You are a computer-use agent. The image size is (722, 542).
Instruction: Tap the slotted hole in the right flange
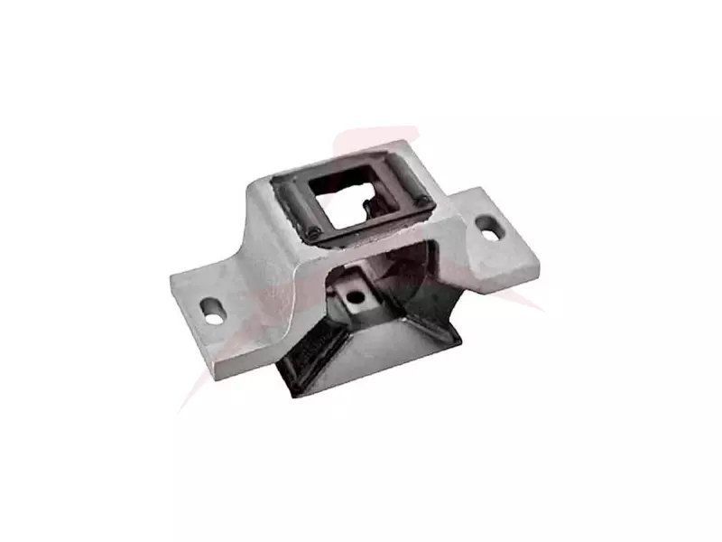pyautogui.click(x=488, y=228)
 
